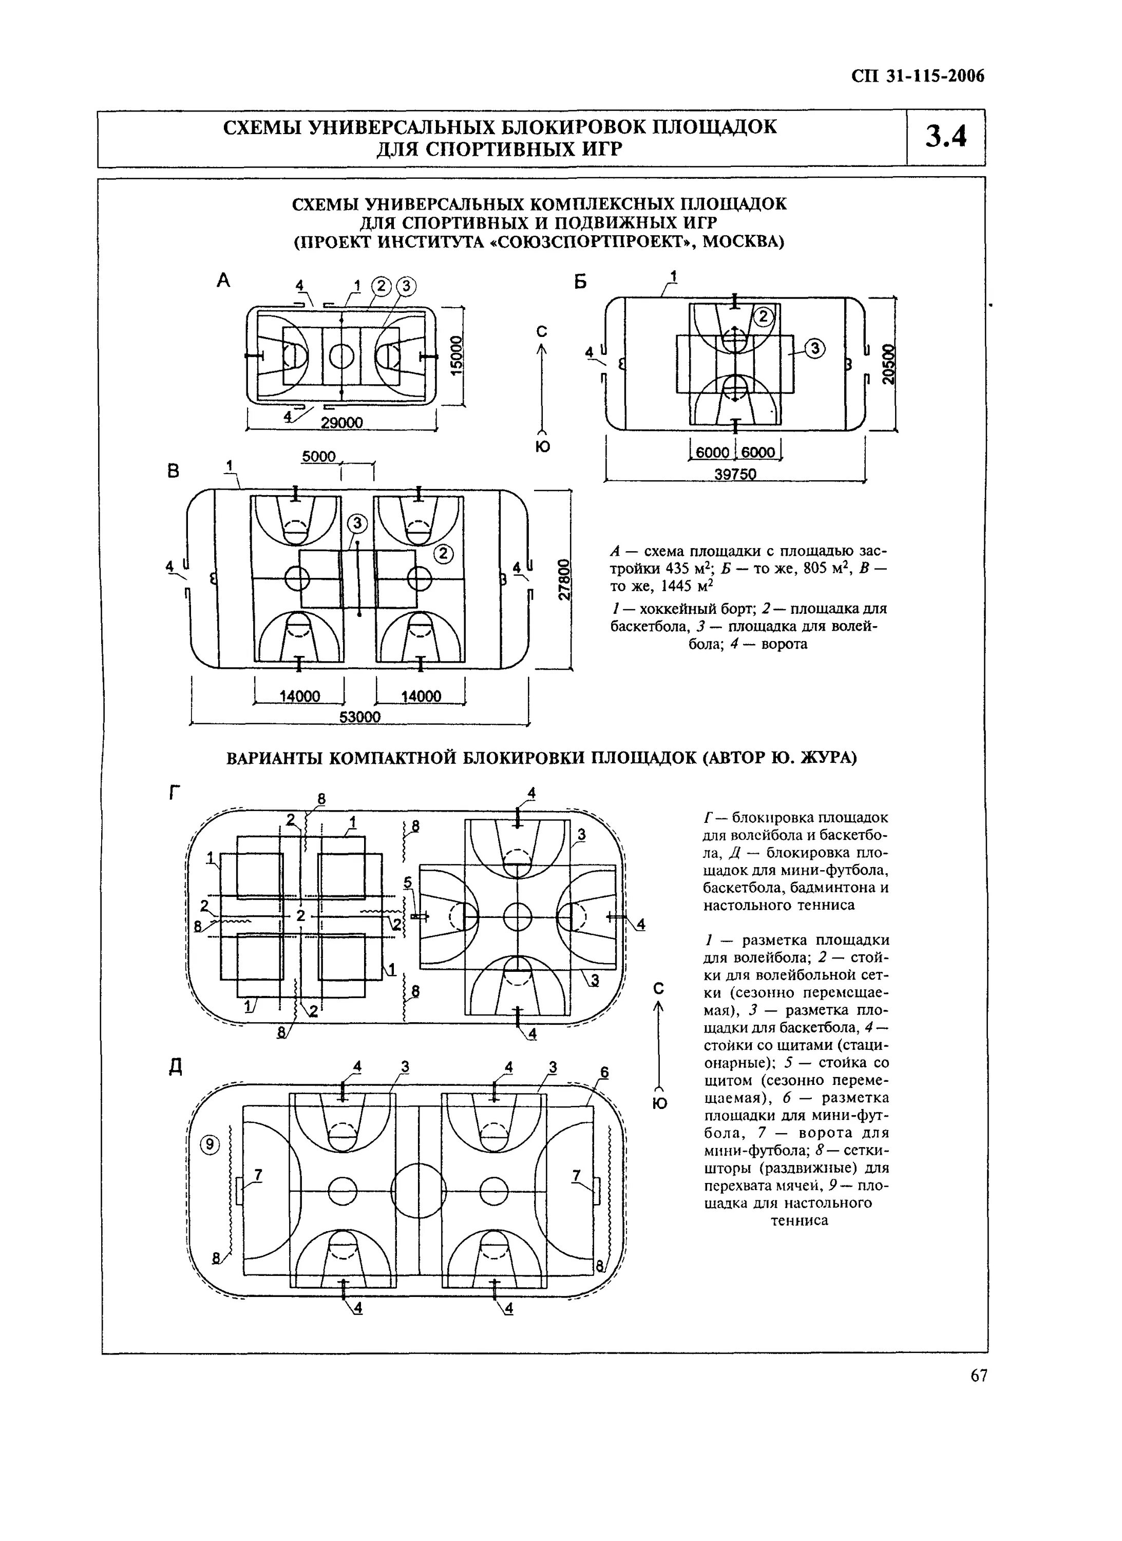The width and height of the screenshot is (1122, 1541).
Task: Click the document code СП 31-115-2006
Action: (x=918, y=76)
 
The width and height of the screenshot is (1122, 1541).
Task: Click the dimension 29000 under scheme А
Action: (x=341, y=423)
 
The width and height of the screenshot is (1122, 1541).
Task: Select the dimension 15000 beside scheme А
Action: (x=457, y=354)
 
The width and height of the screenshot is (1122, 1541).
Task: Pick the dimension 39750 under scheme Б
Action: (x=735, y=474)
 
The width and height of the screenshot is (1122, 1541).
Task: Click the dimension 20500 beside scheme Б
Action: (x=888, y=365)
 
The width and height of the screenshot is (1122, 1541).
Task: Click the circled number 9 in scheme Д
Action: (x=210, y=1145)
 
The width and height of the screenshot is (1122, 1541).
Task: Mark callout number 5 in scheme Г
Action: (x=408, y=882)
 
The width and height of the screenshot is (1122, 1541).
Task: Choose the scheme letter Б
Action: (x=580, y=281)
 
